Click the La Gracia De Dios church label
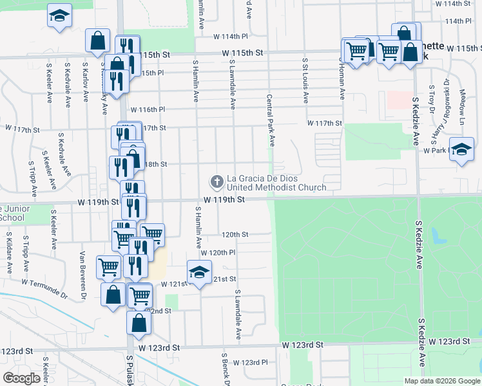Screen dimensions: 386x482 pyautogui.click(x=276, y=183)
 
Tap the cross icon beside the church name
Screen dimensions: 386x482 pyautogui.click(x=218, y=182)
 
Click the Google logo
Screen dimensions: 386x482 pyautogui.click(x=22, y=378)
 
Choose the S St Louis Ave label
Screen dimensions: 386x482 pyautogui.click(x=305, y=80)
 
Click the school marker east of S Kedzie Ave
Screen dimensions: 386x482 pyautogui.click(x=461, y=151)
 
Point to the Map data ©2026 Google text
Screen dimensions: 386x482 pyautogui.click(x=441, y=380)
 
